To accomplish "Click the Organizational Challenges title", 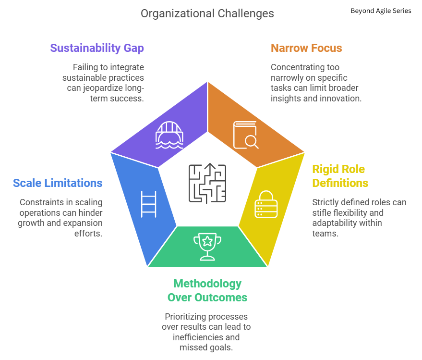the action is click(x=207, y=13).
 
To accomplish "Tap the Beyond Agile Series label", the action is click(x=381, y=11).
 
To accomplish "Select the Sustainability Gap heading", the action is click(x=97, y=48).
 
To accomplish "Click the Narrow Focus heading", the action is click(x=306, y=48).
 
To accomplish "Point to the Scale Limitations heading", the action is click(x=58, y=183).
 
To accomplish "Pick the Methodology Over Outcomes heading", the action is click(x=207, y=290).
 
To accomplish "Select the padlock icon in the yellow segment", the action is click(x=265, y=205).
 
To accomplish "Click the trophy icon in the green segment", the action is click(x=207, y=246).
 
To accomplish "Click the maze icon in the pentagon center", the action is click(x=207, y=183).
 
